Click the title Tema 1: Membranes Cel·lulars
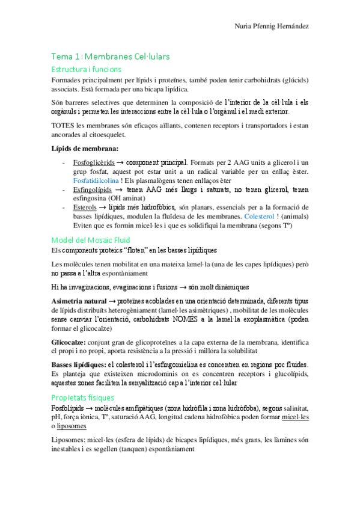point(111,57)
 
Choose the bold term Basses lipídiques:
point(81,365)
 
